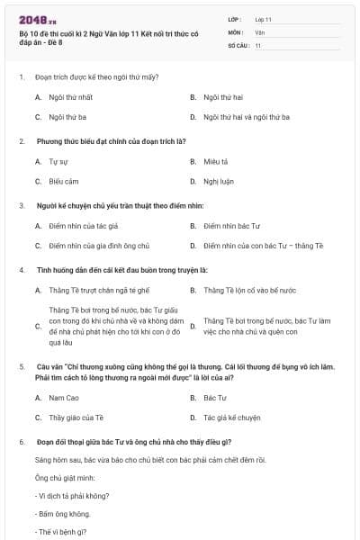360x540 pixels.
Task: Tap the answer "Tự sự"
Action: [58, 161]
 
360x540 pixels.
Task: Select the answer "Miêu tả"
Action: [214, 161]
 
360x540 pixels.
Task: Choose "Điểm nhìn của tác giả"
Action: [84, 226]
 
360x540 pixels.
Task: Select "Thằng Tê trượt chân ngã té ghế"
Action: [99, 290]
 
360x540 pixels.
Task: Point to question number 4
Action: [21, 269]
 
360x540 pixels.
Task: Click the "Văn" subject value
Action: [259, 31]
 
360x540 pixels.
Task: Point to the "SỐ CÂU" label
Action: [238, 45]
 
